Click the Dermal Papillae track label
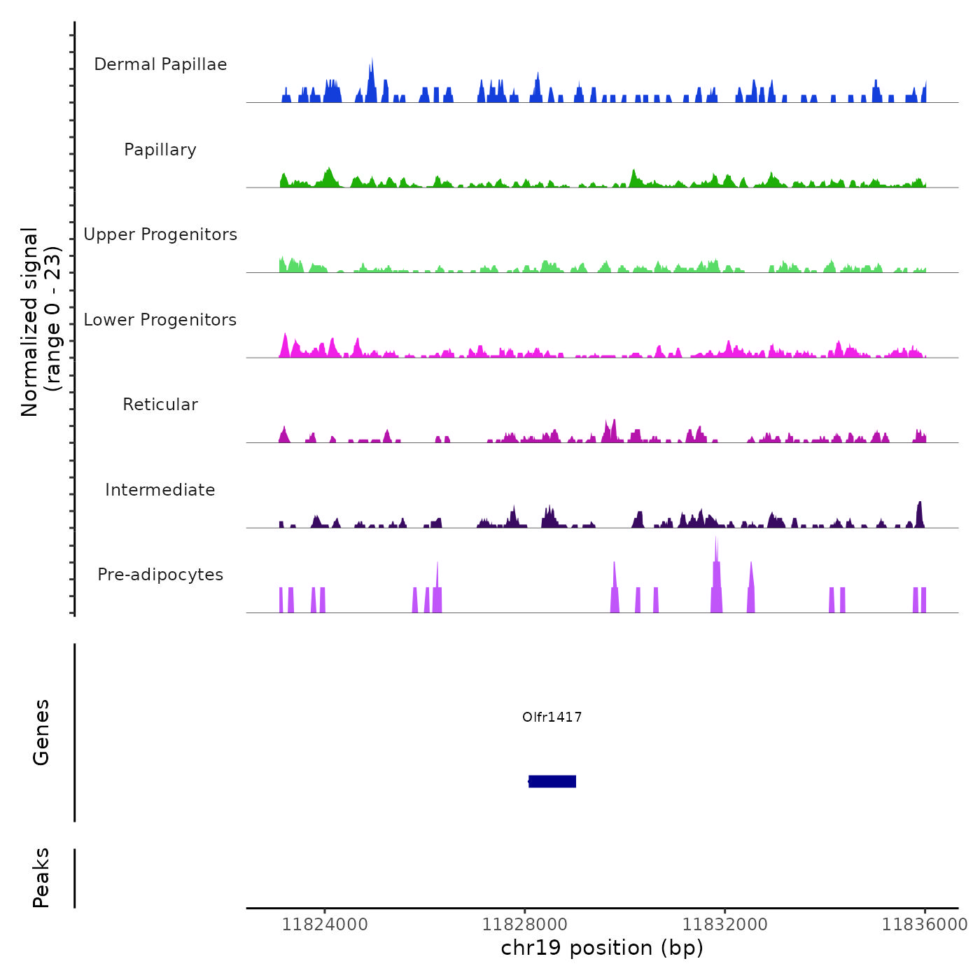(160, 64)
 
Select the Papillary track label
(160, 150)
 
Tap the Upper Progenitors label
(160, 234)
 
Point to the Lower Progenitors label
(160, 320)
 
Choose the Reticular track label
(160, 405)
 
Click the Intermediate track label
(160, 490)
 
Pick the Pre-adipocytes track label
(160, 575)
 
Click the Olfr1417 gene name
(552, 717)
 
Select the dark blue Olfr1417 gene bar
(552, 781)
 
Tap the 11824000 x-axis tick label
(325, 924)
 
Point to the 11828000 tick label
(525, 924)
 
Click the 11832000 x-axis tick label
(725, 924)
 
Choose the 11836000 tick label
(924, 924)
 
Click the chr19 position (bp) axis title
(602, 948)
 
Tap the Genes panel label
(41, 732)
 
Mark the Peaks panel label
(41, 878)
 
